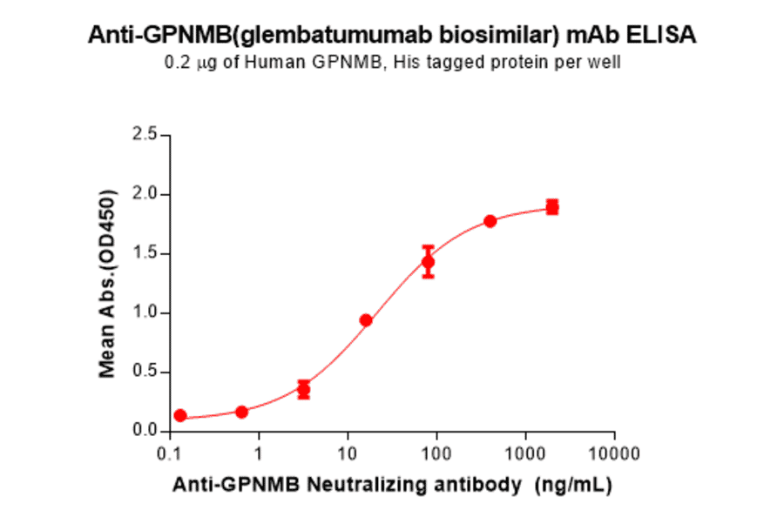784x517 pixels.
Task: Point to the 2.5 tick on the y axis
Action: point(145,135)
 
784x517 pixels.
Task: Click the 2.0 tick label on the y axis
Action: point(145,194)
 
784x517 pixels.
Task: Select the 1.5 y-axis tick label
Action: point(145,253)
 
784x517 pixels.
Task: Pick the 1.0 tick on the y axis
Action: point(145,312)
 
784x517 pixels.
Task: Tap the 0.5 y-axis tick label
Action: point(145,372)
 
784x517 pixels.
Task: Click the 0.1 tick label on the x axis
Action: point(169,453)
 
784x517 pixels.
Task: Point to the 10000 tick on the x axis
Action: point(614,453)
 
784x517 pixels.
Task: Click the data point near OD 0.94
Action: point(366,320)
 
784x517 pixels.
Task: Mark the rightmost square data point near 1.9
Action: point(552,207)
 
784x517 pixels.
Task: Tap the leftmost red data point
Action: point(179,416)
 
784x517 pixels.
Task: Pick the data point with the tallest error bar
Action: point(428,261)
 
